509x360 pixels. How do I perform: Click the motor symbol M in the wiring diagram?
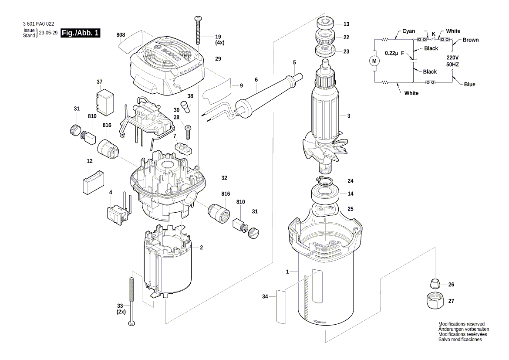click(374, 61)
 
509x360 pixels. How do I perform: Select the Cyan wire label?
click(408, 31)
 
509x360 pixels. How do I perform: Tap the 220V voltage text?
click(452, 58)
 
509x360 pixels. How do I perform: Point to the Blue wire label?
click(469, 85)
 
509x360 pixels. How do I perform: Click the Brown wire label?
click(470, 40)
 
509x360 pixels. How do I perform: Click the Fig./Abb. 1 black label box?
click(81, 33)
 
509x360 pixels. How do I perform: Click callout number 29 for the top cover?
click(218, 58)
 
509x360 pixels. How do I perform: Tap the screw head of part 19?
click(198, 18)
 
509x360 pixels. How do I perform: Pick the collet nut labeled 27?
click(434, 301)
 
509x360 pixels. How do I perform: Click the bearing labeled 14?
click(325, 194)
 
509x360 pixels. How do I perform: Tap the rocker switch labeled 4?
click(117, 214)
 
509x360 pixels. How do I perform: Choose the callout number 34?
click(265, 297)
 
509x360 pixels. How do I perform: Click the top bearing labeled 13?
click(325, 24)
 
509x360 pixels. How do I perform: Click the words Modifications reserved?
click(461, 324)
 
